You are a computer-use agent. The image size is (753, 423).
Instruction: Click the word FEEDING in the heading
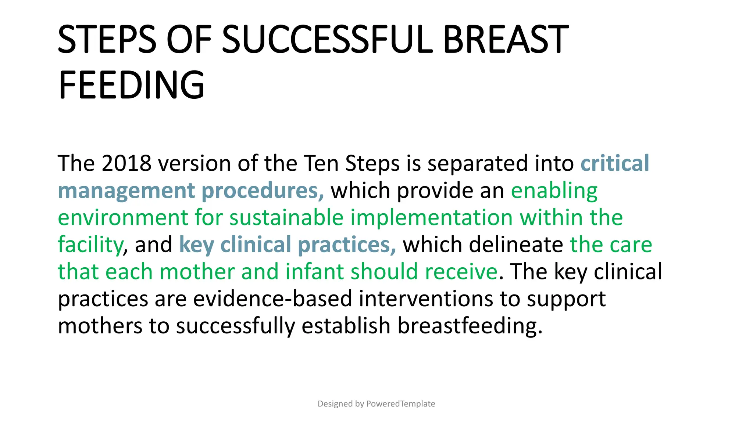coord(131,85)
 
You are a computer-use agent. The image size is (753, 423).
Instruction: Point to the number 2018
coord(126,163)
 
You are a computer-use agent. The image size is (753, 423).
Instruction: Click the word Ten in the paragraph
coord(320,163)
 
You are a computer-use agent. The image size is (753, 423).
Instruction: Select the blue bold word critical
coord(615,163)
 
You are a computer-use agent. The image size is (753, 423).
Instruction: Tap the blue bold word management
coord(126,191)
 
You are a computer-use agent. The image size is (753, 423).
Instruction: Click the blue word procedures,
coord(263,191)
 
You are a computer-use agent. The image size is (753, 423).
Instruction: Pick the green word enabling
coord(554,191)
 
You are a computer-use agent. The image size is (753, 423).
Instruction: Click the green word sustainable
coord(286,217)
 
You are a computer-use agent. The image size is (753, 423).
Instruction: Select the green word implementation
coord(431,217)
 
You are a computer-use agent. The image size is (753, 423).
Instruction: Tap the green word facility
coord(90,245)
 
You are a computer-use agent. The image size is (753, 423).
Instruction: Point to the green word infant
coord(314,272)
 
